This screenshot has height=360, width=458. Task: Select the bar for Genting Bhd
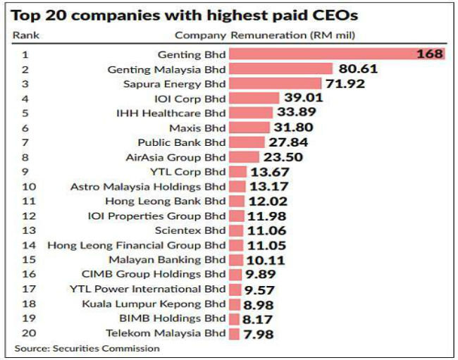point(338,54)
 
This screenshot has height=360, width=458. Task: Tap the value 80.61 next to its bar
point(357,69)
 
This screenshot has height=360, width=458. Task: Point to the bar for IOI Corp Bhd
point(255,99)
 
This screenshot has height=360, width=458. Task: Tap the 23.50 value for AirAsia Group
point(284,157)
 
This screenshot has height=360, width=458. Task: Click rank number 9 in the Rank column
point(25,172)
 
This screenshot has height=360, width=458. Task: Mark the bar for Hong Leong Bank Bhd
point(237,201)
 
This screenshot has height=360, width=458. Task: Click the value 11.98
point(268,216)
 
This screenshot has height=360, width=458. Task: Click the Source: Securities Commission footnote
point(87,348)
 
